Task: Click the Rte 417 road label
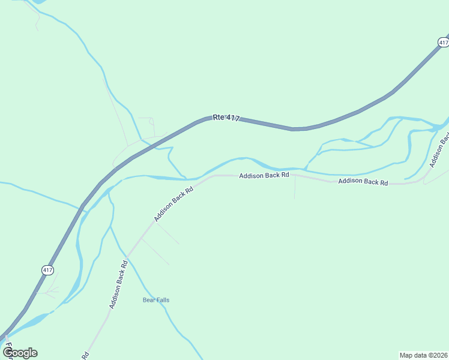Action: (226, 118)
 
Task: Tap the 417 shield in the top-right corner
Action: (443, 42)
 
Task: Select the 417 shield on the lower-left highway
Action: (48, 270)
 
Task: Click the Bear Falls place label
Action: (156, 300)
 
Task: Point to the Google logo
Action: (20, 353)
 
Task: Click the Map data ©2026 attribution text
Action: (423, 355)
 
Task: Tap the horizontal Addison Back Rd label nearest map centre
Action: (264, 175)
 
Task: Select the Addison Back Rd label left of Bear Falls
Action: (118, 284)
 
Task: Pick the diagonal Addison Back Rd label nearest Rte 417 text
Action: (173, 204)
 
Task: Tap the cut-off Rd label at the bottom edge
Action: (85, 355)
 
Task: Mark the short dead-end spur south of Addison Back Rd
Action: (295, 189)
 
